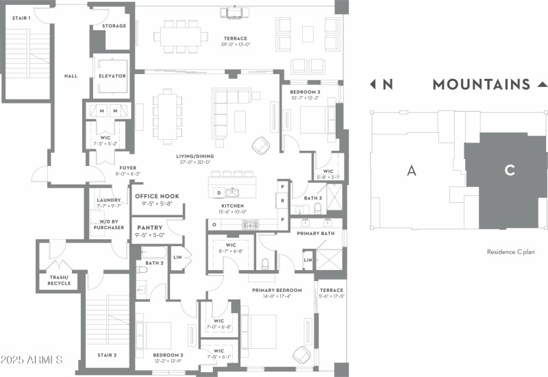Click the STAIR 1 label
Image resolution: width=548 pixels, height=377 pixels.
pyautogui.click(x=21, y=18)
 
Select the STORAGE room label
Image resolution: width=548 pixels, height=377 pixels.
pyautogui.click(x=114, y=26)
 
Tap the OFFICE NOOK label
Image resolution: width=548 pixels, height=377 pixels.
pyautogui.click(x=157, y=197)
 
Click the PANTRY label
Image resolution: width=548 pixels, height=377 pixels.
pyautogui.click(x=149, y=228)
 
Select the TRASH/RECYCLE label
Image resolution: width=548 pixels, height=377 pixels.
pyautogui.click(x=59, y=280)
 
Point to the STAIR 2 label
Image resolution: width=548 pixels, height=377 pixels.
pyautogui.click(x=106, y=355)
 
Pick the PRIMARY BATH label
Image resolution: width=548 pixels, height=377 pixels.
pyautogui.click(x=316, y=234)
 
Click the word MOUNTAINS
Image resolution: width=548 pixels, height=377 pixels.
pyautogui.click(x=481, y=85)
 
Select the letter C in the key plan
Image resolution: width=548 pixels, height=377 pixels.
pyautogui.click(x=510, y=171)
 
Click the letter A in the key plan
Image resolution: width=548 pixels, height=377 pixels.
pyautogui.click(x=411, y=171)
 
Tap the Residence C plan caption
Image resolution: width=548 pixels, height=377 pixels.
pyautogui.click(x=510, y=252)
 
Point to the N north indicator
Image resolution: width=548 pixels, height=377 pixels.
pyautogui.click(x=387, y=85)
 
